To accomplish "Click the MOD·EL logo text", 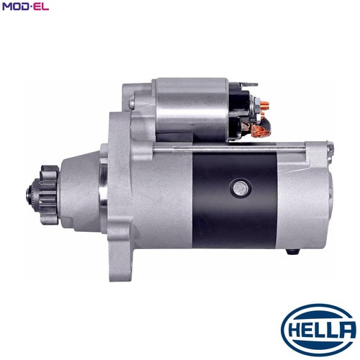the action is [25, 6].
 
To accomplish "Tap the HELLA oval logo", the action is [319, 330].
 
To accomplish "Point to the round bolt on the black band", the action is [240, 188].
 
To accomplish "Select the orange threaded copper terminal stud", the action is [264, 105].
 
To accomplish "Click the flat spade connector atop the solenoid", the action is [248, 84].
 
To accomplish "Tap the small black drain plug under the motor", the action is [293, 251].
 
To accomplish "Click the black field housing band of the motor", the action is [235, 200].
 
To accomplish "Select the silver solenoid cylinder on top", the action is [192, 109].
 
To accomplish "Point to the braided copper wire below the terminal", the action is [261, 130].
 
